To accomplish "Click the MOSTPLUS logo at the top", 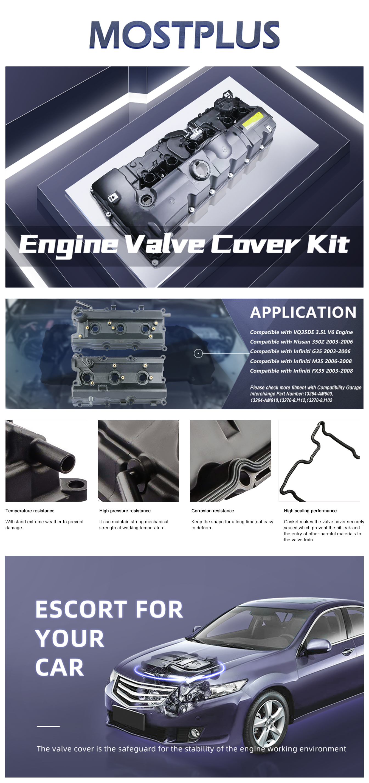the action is (184, 35).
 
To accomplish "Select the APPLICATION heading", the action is (303, 312).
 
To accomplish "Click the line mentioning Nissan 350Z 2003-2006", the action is (302, 342).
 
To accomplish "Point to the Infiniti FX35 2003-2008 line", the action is (302, 371).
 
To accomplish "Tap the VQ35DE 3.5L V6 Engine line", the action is (302, 332).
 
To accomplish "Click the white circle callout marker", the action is (198, 353).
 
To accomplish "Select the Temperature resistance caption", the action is (30, 511).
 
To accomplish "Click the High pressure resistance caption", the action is (125, 511).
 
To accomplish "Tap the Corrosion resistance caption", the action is (213, 511).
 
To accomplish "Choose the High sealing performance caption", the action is (310, 511).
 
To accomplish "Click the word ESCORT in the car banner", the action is (81, 609).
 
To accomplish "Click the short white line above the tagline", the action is (48, 726).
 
